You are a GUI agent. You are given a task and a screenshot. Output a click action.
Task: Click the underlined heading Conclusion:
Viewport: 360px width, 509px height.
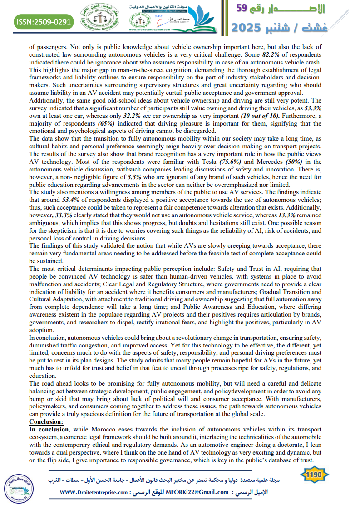pos(46,421)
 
